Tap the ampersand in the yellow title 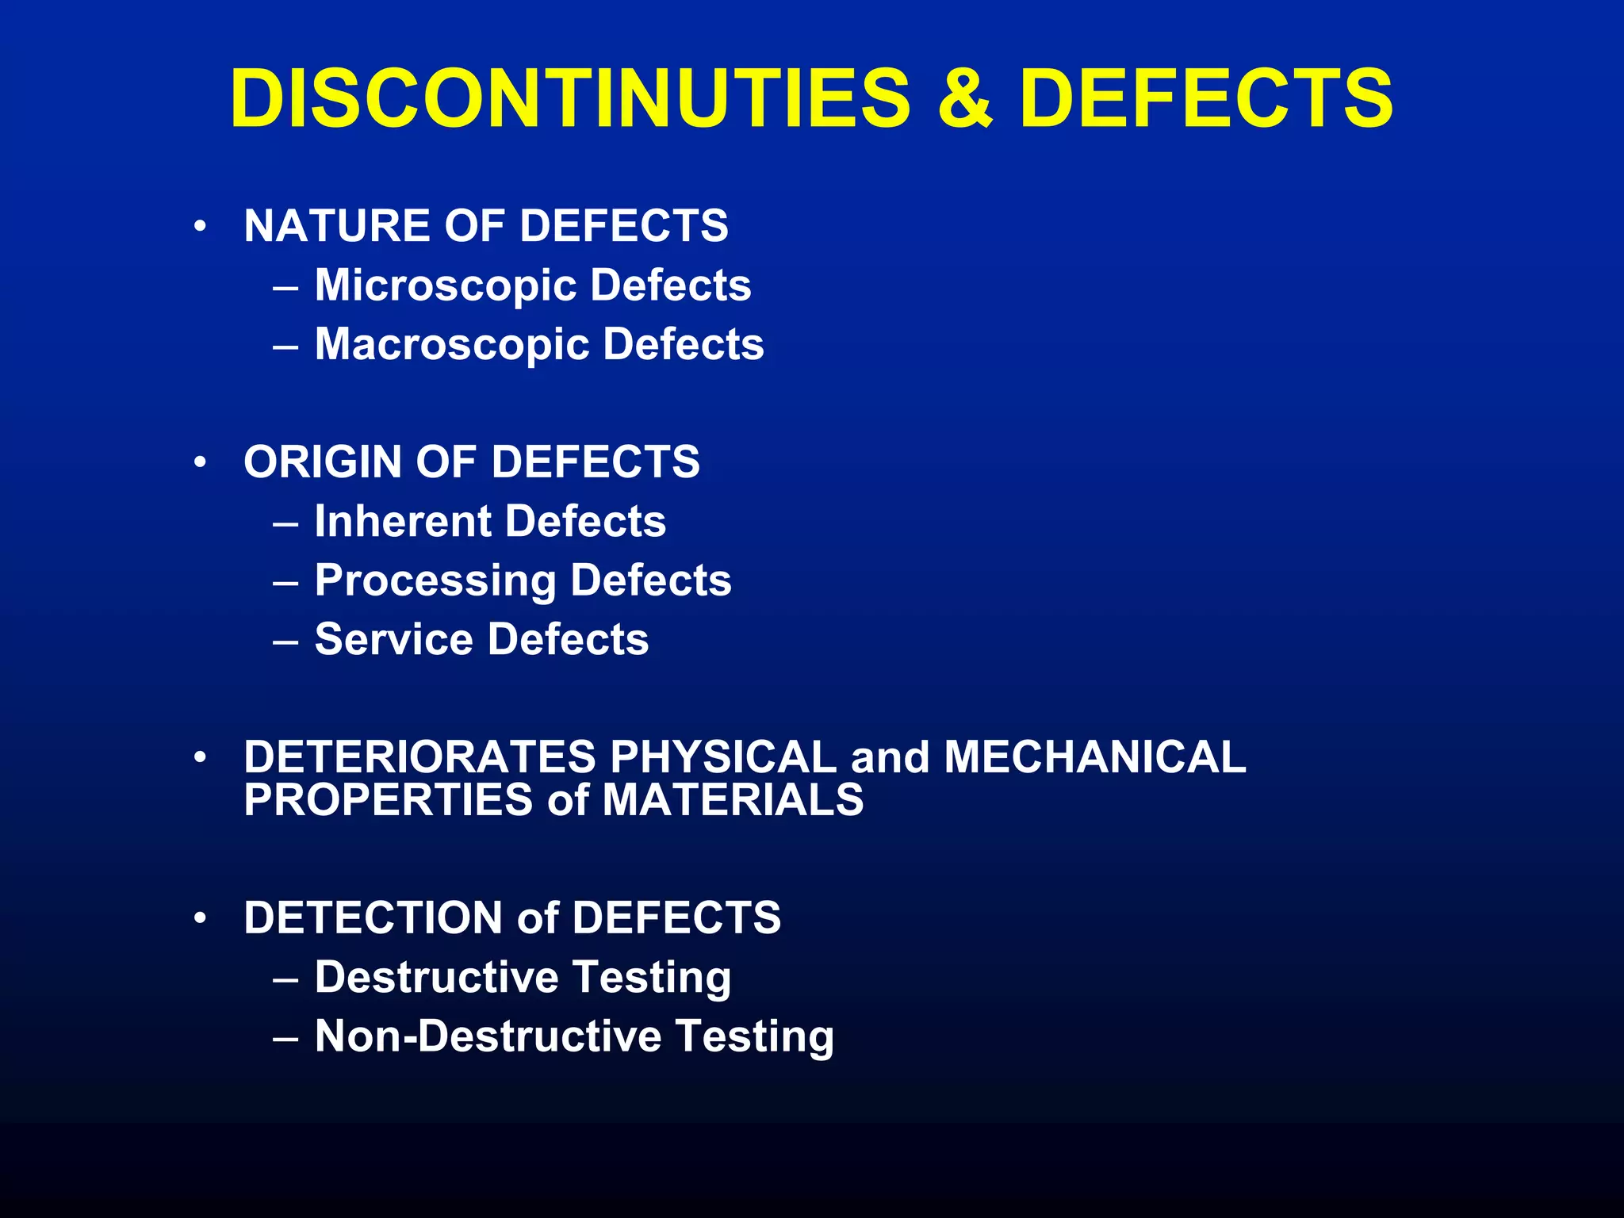[x=964, y=98]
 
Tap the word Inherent [x=403, y=522]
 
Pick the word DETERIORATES [x=419, y=757]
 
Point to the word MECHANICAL [x=1095, y=757]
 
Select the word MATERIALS [x=733, y=799]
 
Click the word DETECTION [x=373, y=918]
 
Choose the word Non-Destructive [x=488, y=1036]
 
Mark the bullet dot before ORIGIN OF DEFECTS [x=201, y=462]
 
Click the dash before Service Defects [x=285, y=641]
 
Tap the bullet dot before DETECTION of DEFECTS [x=201, y=917]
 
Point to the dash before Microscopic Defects [x=285, y=286]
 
